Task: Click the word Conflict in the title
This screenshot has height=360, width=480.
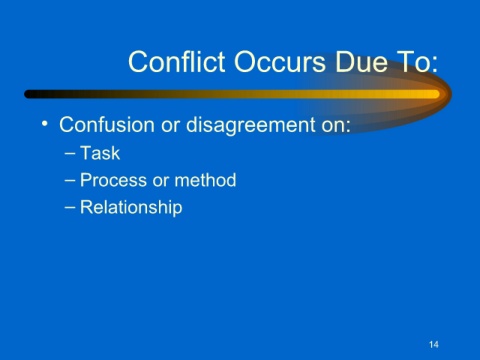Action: (177, 61)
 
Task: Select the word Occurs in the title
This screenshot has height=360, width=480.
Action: (280, 62)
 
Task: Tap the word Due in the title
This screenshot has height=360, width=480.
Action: (362, 62)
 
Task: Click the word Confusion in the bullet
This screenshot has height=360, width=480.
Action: (107, 125)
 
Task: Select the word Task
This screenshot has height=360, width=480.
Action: (100, 153)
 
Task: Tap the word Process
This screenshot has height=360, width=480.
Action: (114, 180)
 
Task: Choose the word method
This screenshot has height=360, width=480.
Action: (205, 180)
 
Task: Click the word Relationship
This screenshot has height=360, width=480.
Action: (131, 207)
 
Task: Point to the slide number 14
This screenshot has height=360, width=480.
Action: (434, 344)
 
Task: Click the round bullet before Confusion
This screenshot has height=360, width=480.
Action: (45, 124)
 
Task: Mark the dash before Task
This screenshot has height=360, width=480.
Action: (70, 154)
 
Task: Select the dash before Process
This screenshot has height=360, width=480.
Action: (70, 181)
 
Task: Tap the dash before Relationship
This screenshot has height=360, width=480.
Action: (70, 208)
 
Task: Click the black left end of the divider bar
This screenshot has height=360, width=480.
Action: (28, 94)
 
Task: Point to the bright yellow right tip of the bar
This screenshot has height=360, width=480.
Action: (437, 94)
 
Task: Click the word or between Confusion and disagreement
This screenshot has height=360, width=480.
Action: (170, 126)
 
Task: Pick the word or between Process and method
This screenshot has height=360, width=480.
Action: (161, 182)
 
